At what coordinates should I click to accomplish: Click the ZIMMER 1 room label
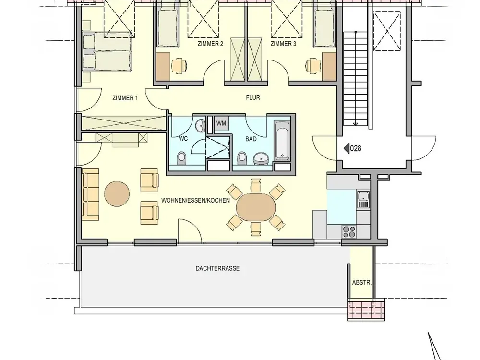coord(125,98)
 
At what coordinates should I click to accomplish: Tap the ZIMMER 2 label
coord(210,44)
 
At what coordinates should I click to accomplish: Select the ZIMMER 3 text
coord(283,44)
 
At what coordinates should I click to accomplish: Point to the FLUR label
coord(253,97)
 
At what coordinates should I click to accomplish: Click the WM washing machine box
coord(221,123)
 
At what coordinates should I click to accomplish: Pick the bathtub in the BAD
coord(282,141)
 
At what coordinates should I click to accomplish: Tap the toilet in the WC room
coord(181,157)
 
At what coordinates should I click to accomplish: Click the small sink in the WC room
coord(201,125)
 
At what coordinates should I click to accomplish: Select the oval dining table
coord(256,206)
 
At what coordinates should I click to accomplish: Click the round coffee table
coord(117,194)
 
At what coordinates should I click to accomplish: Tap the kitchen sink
coord(363,200)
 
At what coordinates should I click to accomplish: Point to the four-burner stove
coord(349,231)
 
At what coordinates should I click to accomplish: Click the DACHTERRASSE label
coord(217,268)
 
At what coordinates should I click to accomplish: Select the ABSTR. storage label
coord(361,283)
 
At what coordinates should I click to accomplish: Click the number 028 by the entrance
coord(356,148)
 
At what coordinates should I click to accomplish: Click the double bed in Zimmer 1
coord(107,52)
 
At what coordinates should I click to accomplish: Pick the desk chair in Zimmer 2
coord(179,66)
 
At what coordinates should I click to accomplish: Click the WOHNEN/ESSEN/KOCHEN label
coord(196,201)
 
